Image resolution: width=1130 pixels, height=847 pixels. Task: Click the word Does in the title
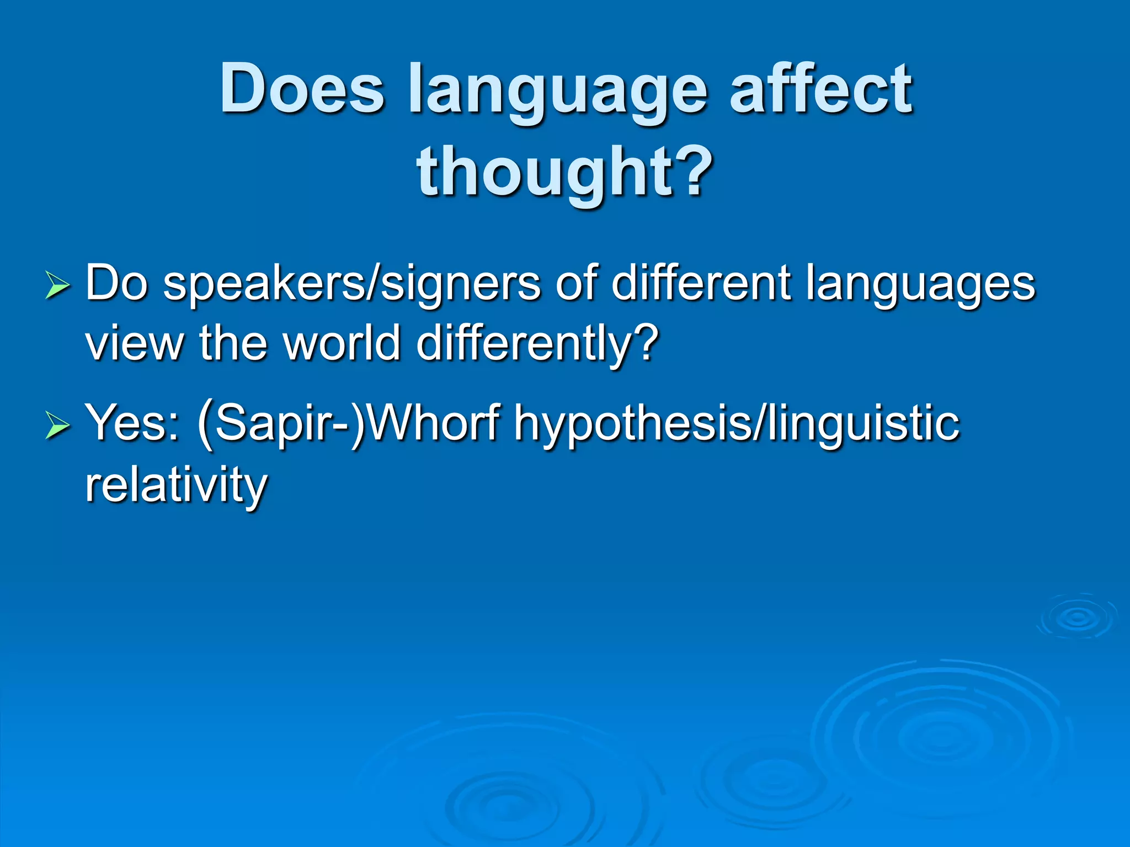click(302, 88)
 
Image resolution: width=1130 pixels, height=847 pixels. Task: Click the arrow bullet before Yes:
click(57, 426)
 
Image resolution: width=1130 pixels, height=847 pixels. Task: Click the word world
click(342, 343)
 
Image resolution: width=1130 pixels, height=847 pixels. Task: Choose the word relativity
click(176, 485)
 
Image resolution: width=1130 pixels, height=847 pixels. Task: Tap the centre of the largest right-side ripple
click(938, 736)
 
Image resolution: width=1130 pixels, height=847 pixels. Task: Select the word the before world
click(234, 343)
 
